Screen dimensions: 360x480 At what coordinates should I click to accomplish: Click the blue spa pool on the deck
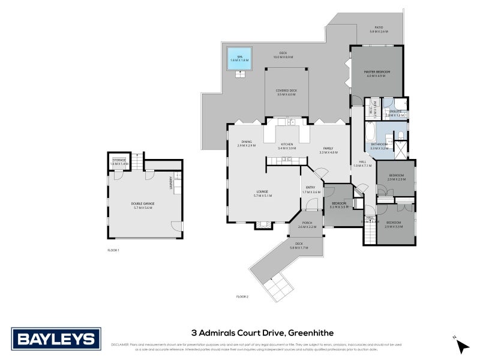(240, 58)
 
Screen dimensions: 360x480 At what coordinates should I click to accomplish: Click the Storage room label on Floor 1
(119, 160)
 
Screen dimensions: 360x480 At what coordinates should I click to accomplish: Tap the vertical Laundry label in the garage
(172, 181)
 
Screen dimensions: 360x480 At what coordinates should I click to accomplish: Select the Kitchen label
(287, 145)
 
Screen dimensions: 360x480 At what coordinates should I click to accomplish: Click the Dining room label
(246, 142)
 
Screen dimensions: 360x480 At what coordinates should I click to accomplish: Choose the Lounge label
(263, 193)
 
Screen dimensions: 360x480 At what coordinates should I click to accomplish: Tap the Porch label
(307, 223)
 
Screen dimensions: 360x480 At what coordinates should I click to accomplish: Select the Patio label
(379, 28)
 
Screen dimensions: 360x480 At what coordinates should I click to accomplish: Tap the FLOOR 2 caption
(242, 296)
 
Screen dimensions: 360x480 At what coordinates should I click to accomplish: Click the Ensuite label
(395, 112)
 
